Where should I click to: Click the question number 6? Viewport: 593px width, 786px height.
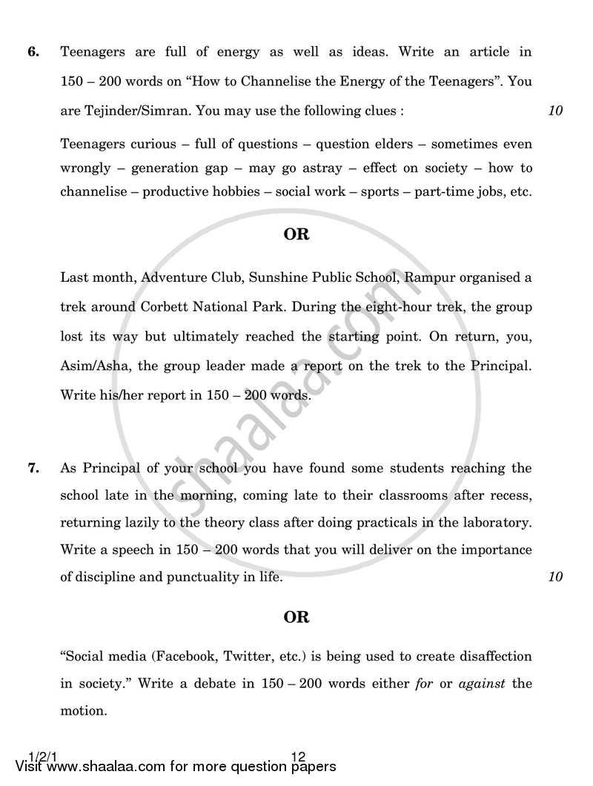click(33, 53)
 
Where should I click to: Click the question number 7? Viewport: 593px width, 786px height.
click(33, 468)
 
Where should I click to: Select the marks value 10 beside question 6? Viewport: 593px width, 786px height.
click(555, 111)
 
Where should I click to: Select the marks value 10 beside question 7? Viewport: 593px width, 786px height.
click(555, 577)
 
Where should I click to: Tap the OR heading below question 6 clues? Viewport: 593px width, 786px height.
click(296, 234)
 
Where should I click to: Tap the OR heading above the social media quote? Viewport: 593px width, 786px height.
click(296, 617)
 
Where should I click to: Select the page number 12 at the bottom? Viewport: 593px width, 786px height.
click(299, 757)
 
